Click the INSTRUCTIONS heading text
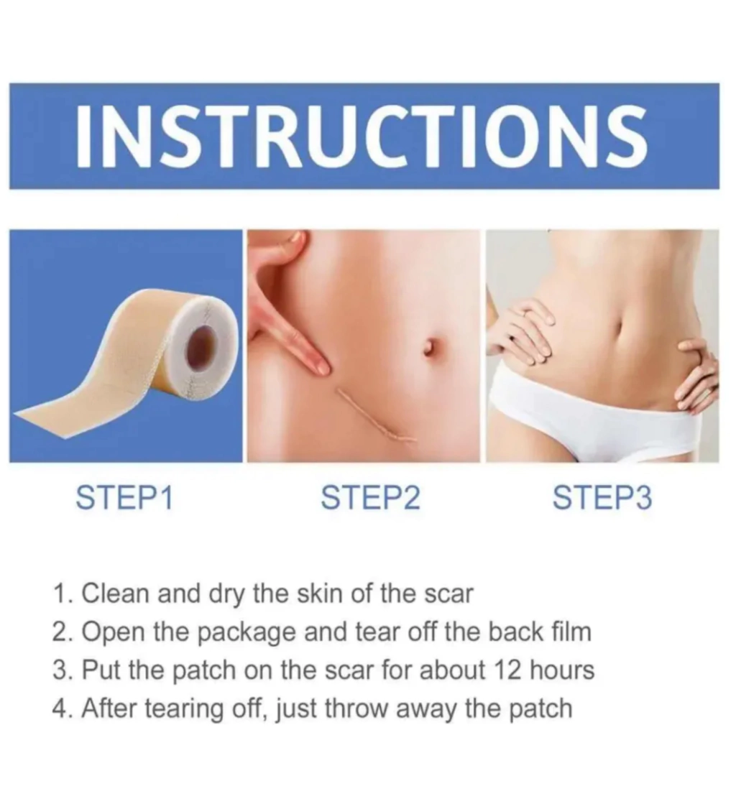pos(362,136)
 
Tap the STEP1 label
pos(124,498)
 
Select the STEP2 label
pos(370,498)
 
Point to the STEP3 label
pos(602,498)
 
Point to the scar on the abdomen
pos(376,416)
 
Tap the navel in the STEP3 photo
pos(619,327)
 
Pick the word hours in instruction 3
pos(562,670)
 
